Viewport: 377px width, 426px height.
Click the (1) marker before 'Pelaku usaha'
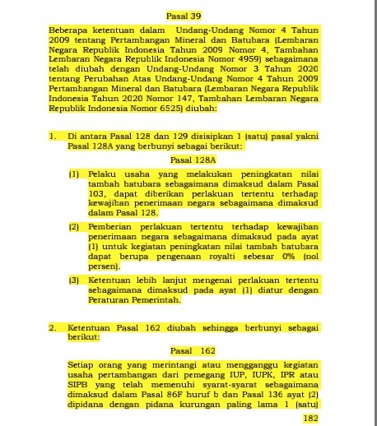(x=73, y=174)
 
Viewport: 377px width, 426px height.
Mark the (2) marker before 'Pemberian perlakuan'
(x=73, y=226)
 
